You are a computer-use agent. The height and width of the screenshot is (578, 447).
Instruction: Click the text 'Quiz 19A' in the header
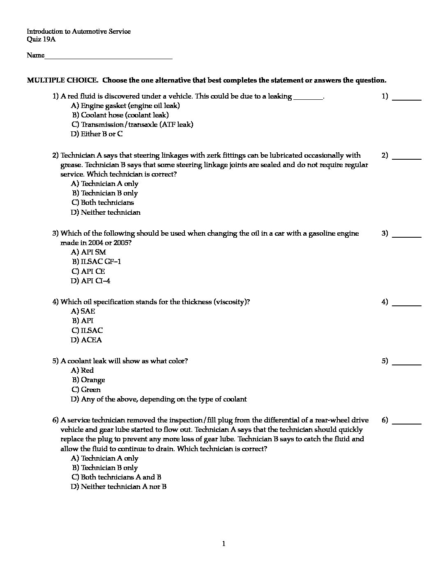click(x=41, y=40)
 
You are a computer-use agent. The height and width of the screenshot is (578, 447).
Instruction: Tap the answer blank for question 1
click(x=407, y=97)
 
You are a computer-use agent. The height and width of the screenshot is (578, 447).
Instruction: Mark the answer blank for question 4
click(x=407, y=303)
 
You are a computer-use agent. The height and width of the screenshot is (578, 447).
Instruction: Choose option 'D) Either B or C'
click(x=97, y=134)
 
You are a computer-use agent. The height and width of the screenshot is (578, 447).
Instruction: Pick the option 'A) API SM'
click(x=88, y=252)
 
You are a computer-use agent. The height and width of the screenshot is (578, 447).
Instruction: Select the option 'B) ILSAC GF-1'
click(x=97, y=262)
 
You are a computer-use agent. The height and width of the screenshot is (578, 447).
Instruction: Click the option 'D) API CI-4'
click(x=90, y=281)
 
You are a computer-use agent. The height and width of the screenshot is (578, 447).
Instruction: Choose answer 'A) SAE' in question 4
click(x=83, y=312)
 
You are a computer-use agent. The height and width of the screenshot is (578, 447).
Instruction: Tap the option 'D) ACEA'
click(x=86, y=340)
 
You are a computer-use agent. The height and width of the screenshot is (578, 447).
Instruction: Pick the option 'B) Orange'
click(x=88, y=380)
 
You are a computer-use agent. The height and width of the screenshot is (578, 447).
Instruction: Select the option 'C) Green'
click(x=86, y=390)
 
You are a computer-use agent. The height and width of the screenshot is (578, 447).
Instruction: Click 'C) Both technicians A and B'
click(x=116, y=477)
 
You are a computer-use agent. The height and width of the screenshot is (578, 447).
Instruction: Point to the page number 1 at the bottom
click(x=223, y=544)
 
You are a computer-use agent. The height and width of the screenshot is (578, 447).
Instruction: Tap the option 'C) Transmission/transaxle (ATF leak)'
click(x=132, y=125)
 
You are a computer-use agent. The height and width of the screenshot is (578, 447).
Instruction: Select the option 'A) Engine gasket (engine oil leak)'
click(x=125, y=106)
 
